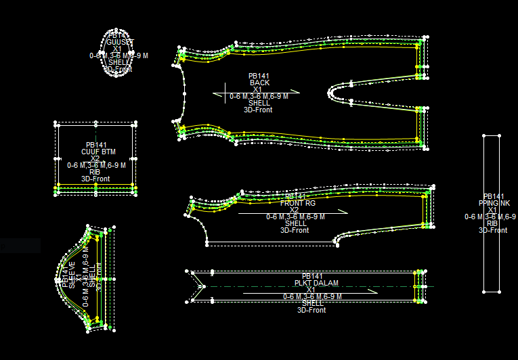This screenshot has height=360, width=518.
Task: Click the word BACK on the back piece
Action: point(259,83)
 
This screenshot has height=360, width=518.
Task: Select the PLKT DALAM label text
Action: point(311,283)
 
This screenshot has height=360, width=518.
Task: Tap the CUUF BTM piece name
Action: point(98,152)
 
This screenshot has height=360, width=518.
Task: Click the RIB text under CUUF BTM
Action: point(95,172)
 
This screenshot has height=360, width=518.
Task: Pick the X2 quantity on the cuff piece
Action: point(95,158)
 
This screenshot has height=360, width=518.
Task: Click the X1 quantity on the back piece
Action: point(257,89)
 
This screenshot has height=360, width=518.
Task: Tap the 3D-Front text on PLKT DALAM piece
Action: point(311,310)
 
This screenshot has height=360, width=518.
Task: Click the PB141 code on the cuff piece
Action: point(96,145)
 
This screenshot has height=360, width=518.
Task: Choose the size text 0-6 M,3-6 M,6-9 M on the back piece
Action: point(259,96)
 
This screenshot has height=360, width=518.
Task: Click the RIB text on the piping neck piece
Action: point(492,223)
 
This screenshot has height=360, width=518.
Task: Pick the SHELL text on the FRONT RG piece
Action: point(295,223)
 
